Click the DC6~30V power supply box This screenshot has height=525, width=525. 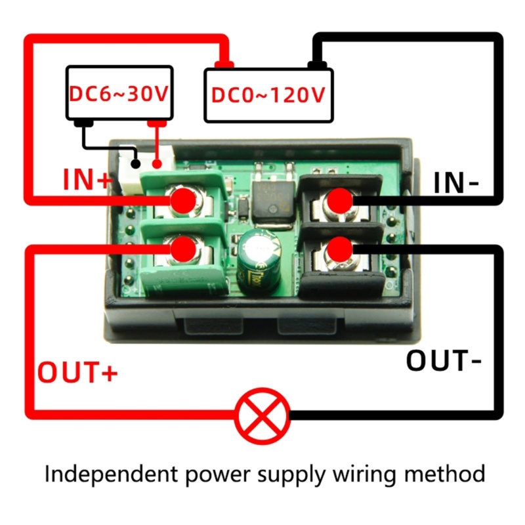tap(119, 93)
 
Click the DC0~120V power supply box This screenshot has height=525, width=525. tap(268, 95)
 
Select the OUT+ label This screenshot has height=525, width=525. tap(77, 371)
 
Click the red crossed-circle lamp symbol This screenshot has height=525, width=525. tap(262, 415)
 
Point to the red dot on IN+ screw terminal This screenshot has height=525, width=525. tap(183, 201)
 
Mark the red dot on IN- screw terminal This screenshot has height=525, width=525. tap(339, 201)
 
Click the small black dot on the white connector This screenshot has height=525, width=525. tap(136, 163)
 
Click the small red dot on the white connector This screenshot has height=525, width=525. tap(157, 163)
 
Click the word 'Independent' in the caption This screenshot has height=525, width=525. tap(111, 474)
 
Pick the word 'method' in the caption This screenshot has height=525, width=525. tap(445, 474)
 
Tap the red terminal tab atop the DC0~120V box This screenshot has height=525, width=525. tap(224, 64)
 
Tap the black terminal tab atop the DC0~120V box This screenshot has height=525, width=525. tap(317, 64)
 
